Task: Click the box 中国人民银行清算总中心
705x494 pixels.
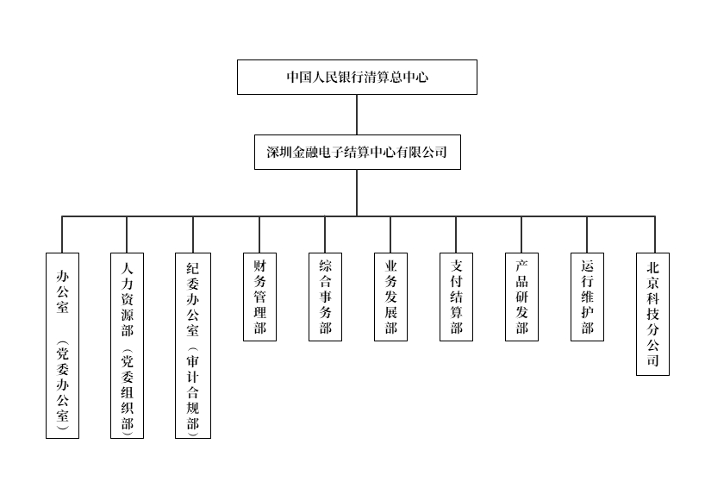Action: coord(357,77)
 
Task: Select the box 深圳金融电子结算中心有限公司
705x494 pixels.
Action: coord(358,152)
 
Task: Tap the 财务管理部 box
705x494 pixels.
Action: coord(260,297)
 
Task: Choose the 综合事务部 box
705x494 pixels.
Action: coord(325,297)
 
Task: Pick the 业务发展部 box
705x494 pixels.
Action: coord(390,297)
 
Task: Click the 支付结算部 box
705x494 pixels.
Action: coord(457,297)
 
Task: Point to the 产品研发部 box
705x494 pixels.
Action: coord(521,297)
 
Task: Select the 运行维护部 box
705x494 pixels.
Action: coord(587,297)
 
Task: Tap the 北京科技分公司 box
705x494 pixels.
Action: coord(652,314)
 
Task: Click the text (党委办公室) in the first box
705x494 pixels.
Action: coord(63,385)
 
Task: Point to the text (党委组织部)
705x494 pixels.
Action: coord(128,392)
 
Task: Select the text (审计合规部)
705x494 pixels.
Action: coord(193,392)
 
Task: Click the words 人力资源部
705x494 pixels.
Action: coord(128,300)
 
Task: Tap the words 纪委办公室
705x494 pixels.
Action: coord(193,300)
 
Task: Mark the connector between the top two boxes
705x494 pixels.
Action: coord(357,115)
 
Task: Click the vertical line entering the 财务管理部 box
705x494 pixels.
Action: coord(259,234)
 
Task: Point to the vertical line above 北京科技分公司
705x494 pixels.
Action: coord(655,234)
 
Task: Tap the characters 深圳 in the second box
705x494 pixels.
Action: coord(279,152)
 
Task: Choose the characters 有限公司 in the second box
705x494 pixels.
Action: coord(421,152)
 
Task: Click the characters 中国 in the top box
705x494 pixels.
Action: coord(299,77)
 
